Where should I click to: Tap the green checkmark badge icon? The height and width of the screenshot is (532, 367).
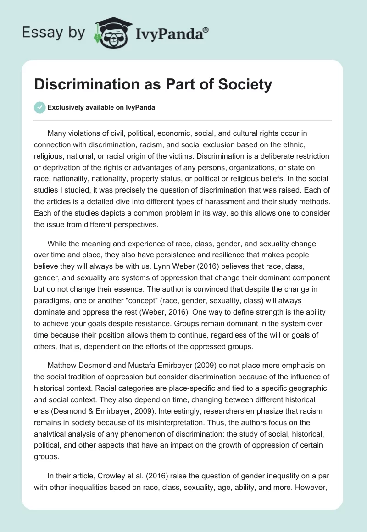point(39,107)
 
